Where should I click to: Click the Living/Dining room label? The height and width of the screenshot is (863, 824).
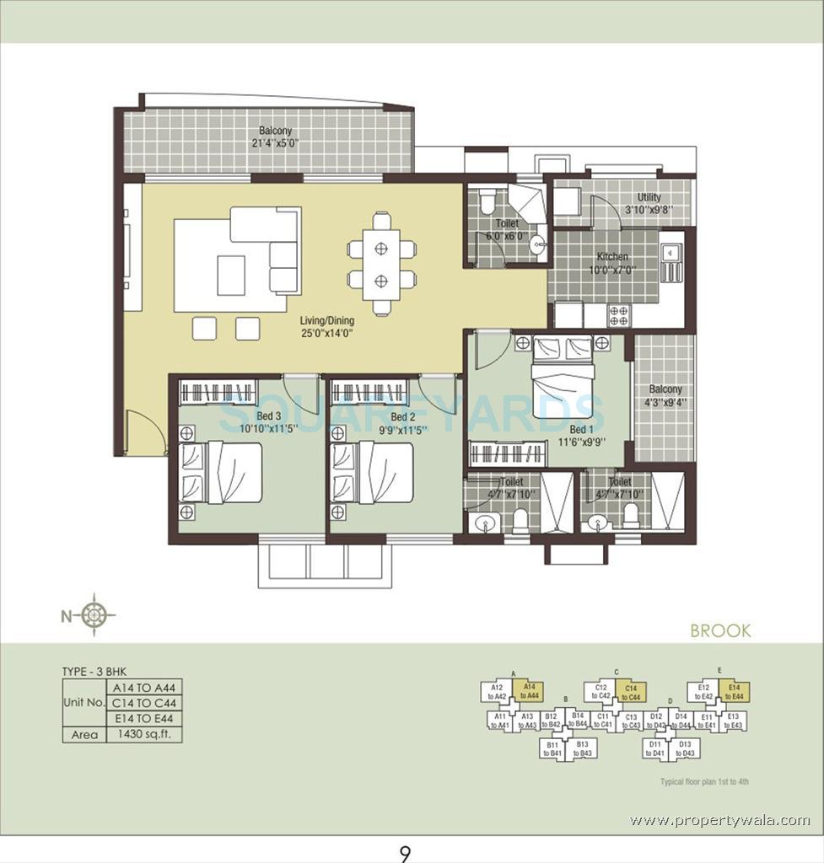pos(326,321)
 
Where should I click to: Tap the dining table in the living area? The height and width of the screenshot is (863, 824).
pos(381,263)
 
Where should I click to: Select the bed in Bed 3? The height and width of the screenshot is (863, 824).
pos(222,472)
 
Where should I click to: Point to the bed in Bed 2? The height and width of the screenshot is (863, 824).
pos(373,472)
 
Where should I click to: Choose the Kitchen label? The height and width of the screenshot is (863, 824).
pos(613,257)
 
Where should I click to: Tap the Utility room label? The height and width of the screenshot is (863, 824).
pos(649,198)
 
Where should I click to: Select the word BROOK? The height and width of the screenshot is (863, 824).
pos(719,630)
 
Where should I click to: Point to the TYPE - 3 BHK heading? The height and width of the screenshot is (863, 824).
pos(97,672)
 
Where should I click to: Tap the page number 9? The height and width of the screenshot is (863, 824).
pos(406,855)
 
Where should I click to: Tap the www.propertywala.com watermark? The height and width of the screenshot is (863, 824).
pos(719,820)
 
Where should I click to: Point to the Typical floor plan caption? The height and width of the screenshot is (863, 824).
pos(704,782)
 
